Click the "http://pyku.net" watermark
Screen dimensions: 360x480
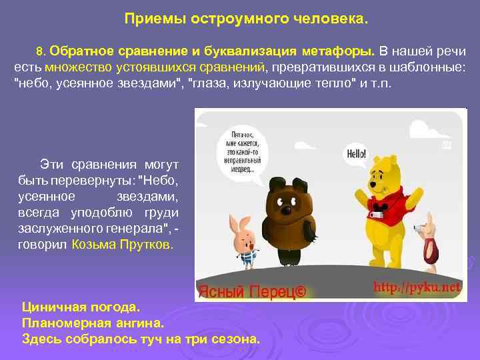(417, 288)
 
